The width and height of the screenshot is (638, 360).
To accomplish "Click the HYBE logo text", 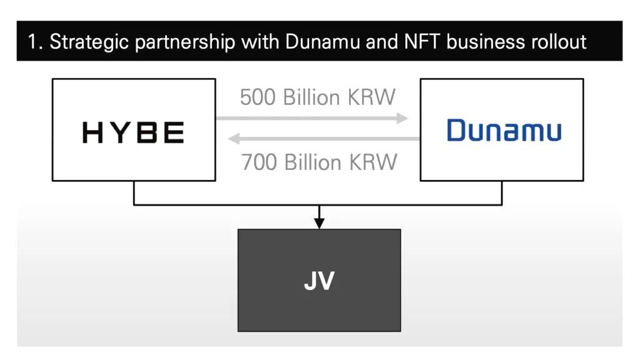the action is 133,132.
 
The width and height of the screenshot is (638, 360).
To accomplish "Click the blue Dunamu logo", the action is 504,130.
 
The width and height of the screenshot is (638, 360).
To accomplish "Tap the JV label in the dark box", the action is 319,280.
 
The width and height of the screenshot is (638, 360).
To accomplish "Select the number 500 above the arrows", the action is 258,97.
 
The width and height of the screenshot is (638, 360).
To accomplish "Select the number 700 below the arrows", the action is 259,162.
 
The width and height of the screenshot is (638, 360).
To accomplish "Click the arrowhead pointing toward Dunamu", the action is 402,118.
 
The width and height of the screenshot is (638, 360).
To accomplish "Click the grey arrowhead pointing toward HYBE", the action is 233,139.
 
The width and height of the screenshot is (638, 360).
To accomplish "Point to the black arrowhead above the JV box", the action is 319,223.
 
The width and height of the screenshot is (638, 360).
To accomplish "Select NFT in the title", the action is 422,42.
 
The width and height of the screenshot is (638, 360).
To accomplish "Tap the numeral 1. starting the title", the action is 35,42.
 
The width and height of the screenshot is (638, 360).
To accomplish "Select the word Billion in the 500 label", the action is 311,97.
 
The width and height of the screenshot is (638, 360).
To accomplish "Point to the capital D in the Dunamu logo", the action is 456,130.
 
